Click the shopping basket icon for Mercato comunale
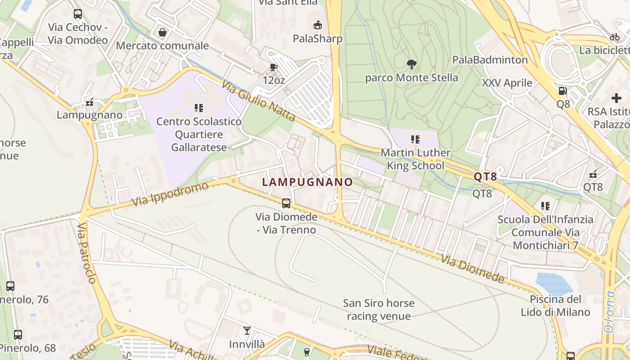pyautogui.click(x=162, y=32)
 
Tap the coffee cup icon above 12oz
pyautogui.click(x=273, y=67)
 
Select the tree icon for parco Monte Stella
pyautogui.click(x=411, y=64)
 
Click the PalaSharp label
pyautogui.click(x=318, y=39)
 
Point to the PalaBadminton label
pyautogui.click(x=490, y=60)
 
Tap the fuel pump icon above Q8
pyautogui.click(x=562, y=91)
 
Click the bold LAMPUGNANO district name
pyautogui.click(x=307, y=182)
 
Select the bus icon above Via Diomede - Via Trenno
pyautogui.click(x=286, y=203)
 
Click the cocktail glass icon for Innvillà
pyautogui.click(x=247, y=331)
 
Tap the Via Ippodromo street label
pyautogui.click(x=171, y=194)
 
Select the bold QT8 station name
pyautogui.click(x=485, y=177)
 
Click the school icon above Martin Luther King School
pyautogui.click(x=415, y=139)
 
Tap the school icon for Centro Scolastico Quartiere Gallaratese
pyautogui.click(x=198, y=108)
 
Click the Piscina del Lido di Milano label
pyautogui.click(x=555, y=306)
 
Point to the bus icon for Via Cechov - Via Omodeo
pyautogui.click(x=78, y=14)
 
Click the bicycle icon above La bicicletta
pyautogui.click(x=615, y=37)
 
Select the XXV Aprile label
pyautogui.click(x=507, y=83)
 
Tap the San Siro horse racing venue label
pyautogui.click(x=378, y=310)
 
